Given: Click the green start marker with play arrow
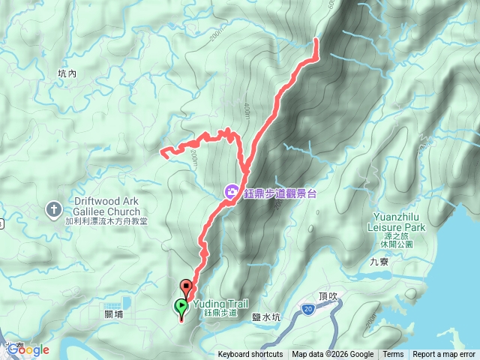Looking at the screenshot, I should point(181,307).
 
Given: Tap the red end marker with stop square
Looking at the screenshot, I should point(186,286).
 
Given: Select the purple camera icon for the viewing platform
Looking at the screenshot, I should point(232,193).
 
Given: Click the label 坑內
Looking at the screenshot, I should point(67,73).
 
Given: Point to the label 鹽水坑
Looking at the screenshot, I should point(266,317).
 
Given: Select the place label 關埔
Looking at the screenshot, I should point(114,316).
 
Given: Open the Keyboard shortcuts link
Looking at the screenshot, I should point(250,355).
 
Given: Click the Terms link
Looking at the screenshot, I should point(393,355).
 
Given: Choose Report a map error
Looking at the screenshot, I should point(444,355).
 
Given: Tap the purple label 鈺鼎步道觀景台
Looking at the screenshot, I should point(280,193).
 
